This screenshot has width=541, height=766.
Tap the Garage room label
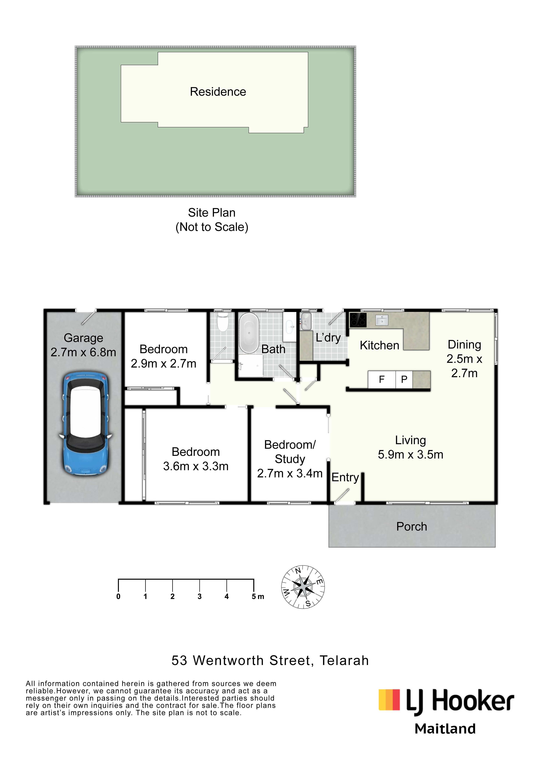click(x=83, y=338)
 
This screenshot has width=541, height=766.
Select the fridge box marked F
click(x=382, y=380)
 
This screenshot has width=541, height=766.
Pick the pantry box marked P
click(x=404, y=380)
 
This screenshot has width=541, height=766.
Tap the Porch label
click(x=412, y=527)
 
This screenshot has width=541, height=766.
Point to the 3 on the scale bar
click(x=200, y=597)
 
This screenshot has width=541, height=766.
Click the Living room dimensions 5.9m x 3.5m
click(x=411, y=454)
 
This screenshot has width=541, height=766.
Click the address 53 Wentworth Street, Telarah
click(x=270, y=661)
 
